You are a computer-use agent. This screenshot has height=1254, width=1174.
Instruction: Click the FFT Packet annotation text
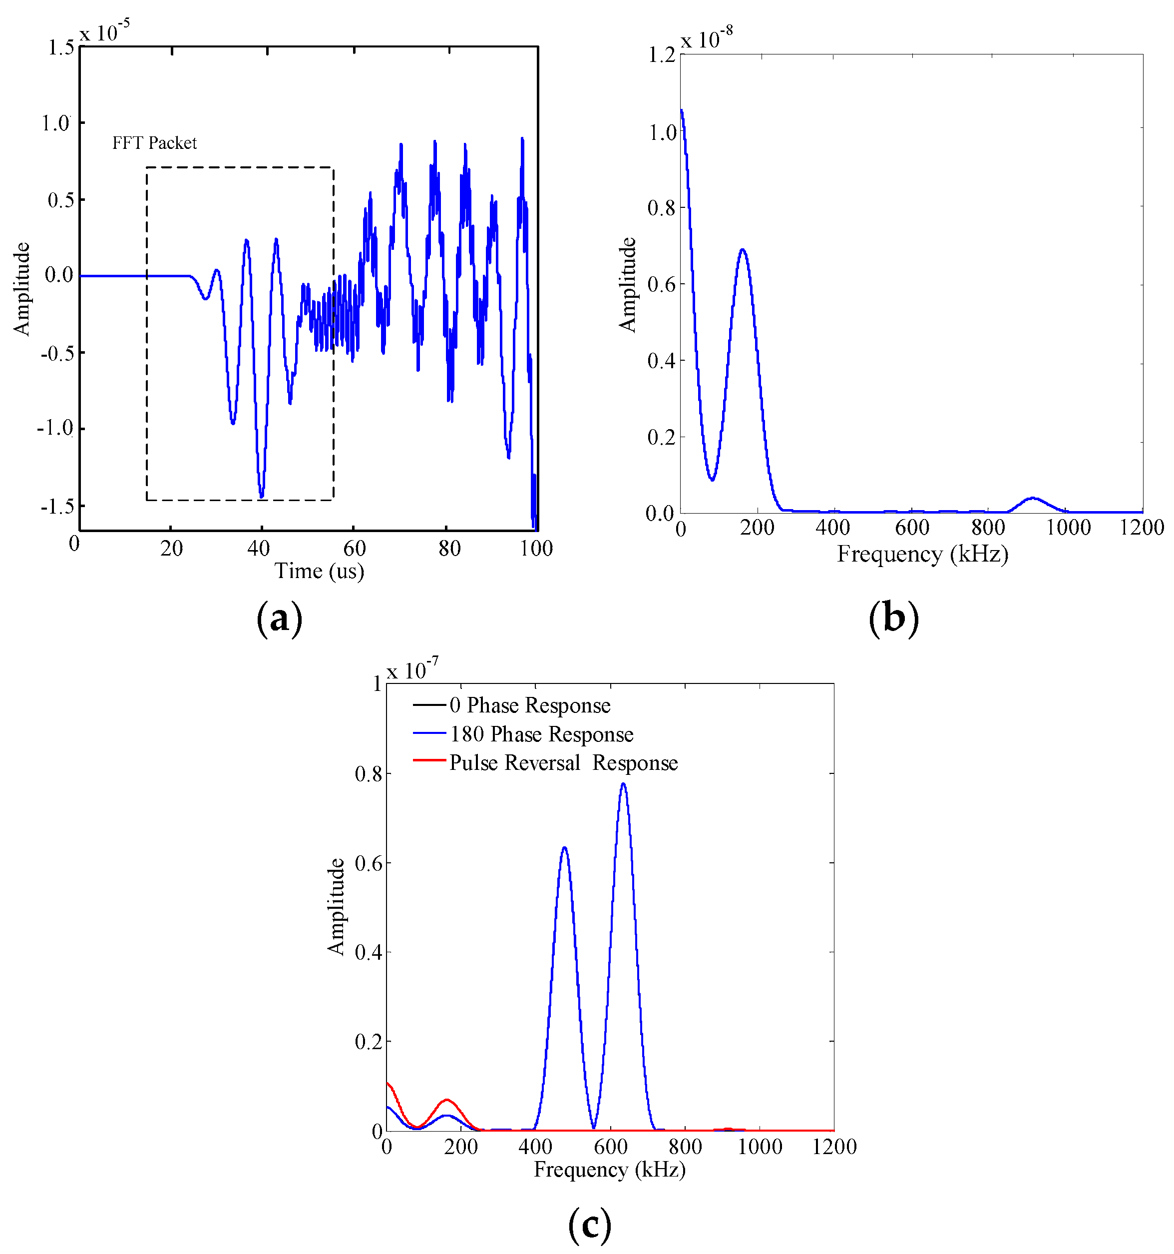154,143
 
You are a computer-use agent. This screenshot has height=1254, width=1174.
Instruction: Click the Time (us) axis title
319,572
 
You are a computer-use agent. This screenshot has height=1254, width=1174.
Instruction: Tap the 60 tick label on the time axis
355,548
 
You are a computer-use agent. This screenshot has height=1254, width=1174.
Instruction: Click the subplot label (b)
893,618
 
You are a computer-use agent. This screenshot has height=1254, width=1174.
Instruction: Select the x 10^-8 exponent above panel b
706,38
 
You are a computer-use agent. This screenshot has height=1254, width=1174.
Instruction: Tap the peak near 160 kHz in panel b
742,250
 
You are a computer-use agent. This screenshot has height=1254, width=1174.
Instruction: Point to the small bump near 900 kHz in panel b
1032,498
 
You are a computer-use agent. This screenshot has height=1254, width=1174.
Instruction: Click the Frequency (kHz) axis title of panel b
922,555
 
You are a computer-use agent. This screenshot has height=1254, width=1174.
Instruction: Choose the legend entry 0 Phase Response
530,705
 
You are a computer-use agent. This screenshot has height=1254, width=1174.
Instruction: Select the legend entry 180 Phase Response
541,734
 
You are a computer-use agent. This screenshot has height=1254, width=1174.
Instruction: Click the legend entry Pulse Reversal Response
563,763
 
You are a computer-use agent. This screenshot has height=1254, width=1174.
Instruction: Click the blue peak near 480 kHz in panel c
564,848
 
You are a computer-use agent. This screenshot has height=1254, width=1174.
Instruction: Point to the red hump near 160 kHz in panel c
447,1100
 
